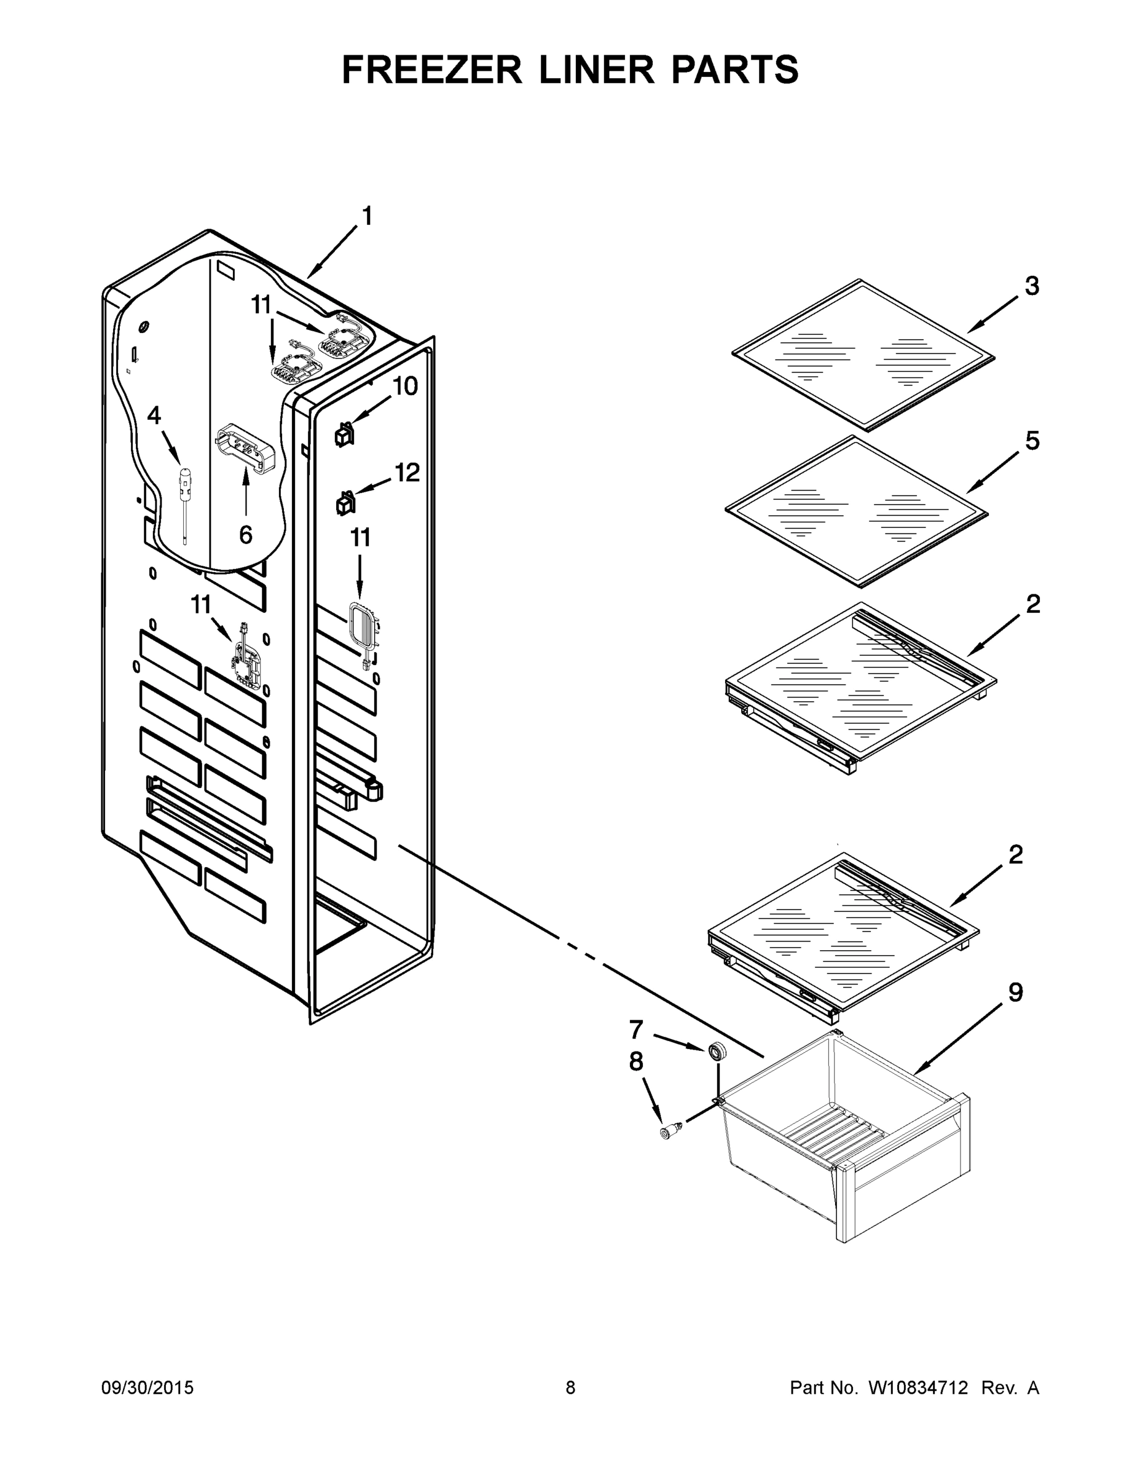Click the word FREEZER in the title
[432, 69]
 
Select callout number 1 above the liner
[367, 216]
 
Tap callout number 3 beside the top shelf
[1032, 286]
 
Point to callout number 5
[1032, 441]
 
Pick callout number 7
[635, 1029]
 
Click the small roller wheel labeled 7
[717, 1052]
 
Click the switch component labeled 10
[344, 436]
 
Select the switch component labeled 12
[344, 503]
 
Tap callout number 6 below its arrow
[246, 535]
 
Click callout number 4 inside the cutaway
[154, 415]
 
